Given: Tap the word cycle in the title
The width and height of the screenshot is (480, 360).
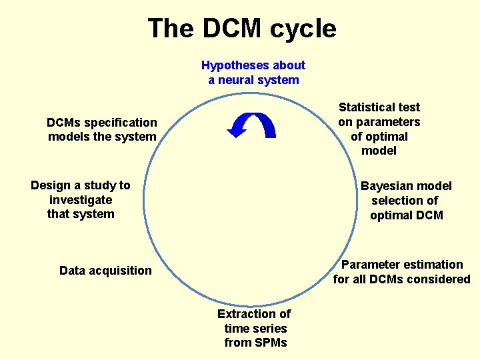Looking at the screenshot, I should click(303, 29).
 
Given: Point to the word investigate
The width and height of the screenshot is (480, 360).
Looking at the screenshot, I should click(81, 200).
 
